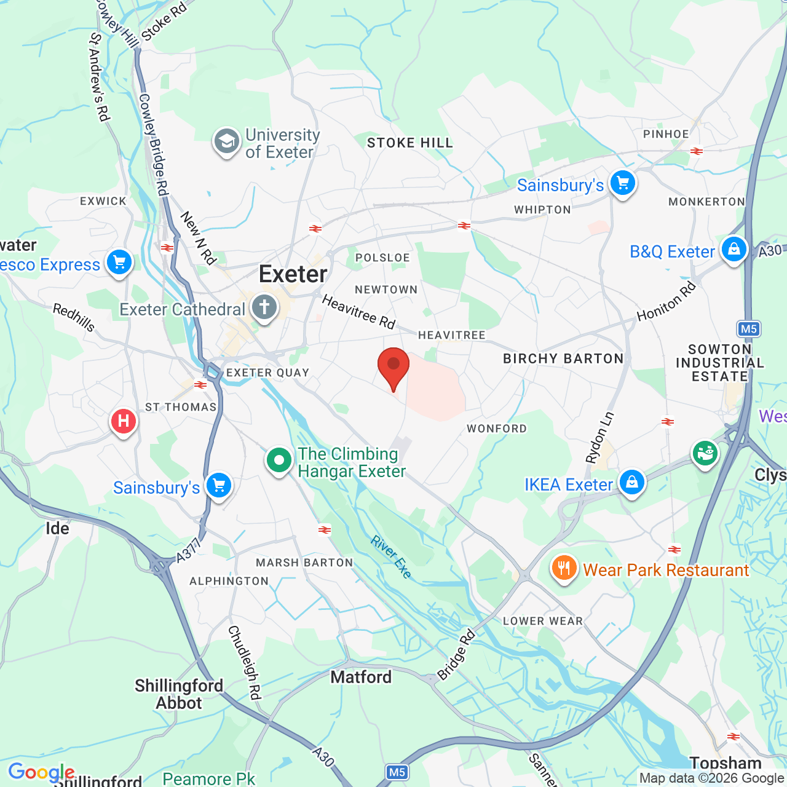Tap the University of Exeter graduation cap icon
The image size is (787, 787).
226,142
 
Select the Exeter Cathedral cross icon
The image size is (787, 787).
264,307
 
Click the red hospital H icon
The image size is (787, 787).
123,422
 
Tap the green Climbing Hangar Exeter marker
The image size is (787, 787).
279,460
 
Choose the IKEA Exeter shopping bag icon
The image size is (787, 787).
631,483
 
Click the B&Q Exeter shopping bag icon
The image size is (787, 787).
734,250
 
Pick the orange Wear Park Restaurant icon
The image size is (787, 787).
564,568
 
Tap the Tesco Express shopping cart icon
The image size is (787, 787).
119,263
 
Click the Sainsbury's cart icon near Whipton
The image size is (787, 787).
622,183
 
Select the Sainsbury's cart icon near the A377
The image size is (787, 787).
218,486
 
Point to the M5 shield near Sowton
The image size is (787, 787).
749,329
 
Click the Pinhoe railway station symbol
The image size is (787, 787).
697,151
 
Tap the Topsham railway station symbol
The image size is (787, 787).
734,737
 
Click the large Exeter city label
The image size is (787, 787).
293,274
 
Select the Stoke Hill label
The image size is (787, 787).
409,143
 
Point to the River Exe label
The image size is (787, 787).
391,557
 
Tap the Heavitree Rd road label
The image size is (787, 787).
358,312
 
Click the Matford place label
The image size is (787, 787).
361,677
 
